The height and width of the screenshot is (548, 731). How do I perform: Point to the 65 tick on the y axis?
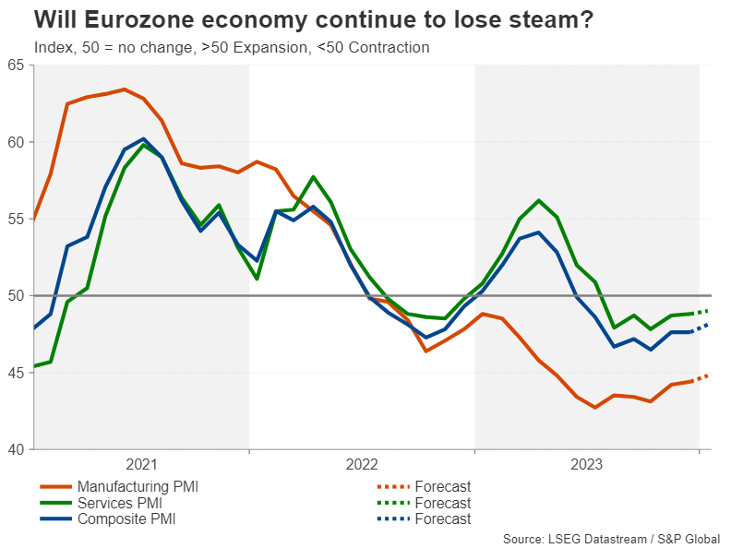click(17, 66)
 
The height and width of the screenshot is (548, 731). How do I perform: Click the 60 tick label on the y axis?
click(17, 142)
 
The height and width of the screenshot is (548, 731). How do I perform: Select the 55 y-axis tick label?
click(17, 220)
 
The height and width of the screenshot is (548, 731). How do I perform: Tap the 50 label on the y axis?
click(17, 296)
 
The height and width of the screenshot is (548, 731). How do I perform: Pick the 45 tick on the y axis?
click(17, 373)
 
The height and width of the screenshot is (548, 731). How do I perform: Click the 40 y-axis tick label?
click(17, 449)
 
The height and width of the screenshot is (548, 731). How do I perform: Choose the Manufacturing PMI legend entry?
click(138, 486)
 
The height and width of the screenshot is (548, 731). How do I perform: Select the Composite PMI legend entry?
click(127, 518)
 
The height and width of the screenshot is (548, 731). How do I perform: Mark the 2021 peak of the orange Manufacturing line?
click(124, 89)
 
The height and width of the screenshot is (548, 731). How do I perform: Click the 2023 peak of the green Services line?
click(539, 200)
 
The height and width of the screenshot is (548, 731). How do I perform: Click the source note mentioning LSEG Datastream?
click(611, 539)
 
